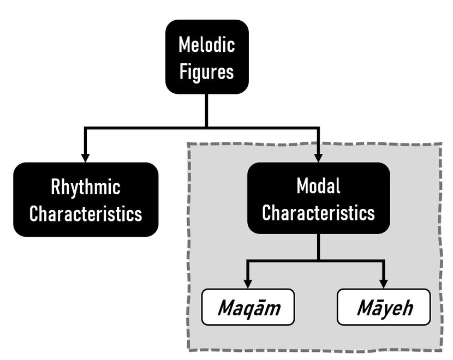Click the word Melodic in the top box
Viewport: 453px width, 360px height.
[207, 45]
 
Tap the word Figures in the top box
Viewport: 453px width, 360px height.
[207, 71]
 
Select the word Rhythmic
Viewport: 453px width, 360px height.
[86, 187]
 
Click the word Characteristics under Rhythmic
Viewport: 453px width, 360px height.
[86, 213]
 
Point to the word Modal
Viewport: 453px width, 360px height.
[319, 186]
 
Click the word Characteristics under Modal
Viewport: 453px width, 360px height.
[319, 212]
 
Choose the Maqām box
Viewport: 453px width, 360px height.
[248, 308]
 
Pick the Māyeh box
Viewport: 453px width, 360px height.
[384, 308]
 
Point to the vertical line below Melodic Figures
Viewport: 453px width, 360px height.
[206, 109]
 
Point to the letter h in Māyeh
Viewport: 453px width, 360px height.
[406, 308]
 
